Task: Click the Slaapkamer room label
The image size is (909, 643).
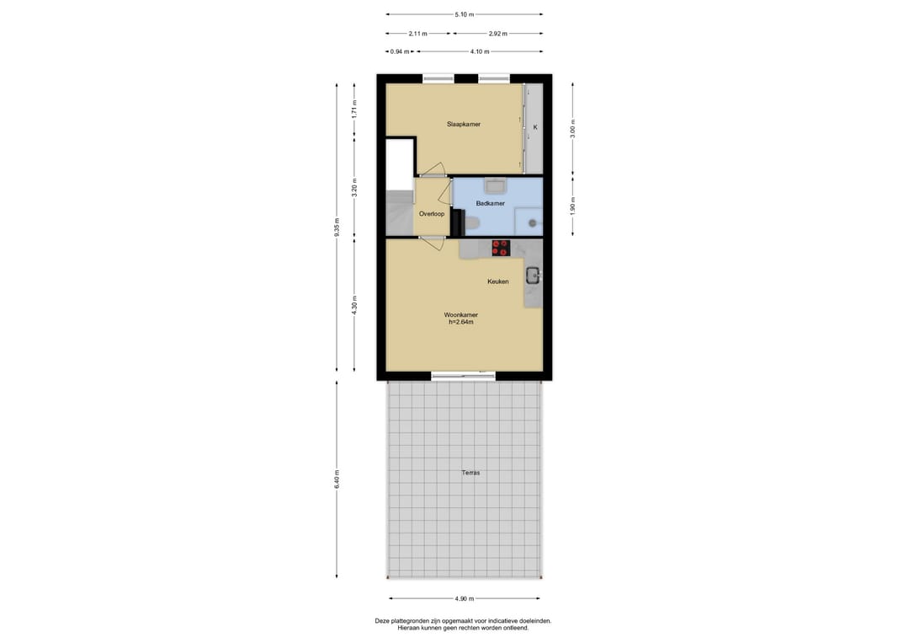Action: [463, 124]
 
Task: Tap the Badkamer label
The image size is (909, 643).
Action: [490, 204]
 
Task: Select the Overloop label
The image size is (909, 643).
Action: [431, 214]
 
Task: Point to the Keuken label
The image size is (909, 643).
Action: [498, 281]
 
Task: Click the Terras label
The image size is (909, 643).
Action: [470, 473]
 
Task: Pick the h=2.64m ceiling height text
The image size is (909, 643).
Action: [461, 322]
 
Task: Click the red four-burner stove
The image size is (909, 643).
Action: [500, 248]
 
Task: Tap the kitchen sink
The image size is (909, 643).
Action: [533, 276]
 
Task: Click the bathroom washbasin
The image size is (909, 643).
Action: [496, 185]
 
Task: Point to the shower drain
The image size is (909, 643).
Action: [532, 222]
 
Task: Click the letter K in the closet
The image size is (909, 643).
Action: [535, 127]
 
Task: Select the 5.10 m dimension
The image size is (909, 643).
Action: [465, 14]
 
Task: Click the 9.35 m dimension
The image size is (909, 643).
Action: [337, 228]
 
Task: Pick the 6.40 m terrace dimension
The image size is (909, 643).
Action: [337, 479]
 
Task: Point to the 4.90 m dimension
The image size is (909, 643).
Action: [465, 599]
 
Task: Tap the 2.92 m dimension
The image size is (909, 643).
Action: [497, 34]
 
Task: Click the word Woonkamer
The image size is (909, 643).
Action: [461, 315]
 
